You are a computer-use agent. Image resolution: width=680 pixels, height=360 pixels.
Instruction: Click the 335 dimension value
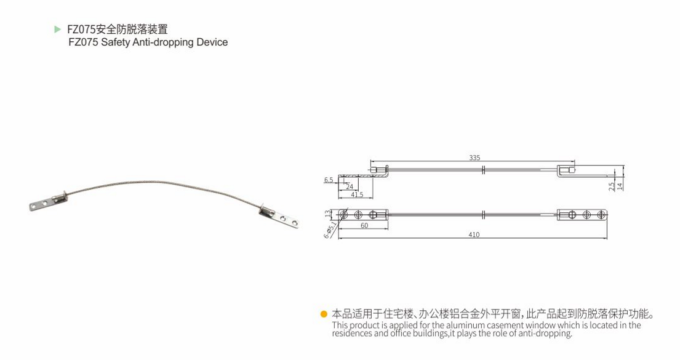(x=474, y=158)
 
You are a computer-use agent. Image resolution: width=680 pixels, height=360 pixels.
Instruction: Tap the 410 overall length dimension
(x=474, y=235)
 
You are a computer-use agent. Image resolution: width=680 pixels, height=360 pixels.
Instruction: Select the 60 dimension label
(x=364, y=226)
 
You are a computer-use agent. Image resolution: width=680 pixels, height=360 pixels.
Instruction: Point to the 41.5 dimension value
(x=357, y=194)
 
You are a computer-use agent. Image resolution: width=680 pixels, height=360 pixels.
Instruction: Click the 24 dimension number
(x=350, y=186)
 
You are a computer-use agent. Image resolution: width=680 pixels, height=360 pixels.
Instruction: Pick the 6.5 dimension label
(x=329, y=180)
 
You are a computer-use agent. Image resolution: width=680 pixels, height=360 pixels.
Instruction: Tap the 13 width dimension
(x=327, y=214)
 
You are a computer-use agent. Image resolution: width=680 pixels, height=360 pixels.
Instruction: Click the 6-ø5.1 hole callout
(x=331, y=230)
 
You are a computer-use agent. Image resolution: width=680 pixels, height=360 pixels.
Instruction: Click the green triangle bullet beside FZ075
(x=58, y=29)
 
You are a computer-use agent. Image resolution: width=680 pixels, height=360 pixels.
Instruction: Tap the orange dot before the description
(x=324, y=314)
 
